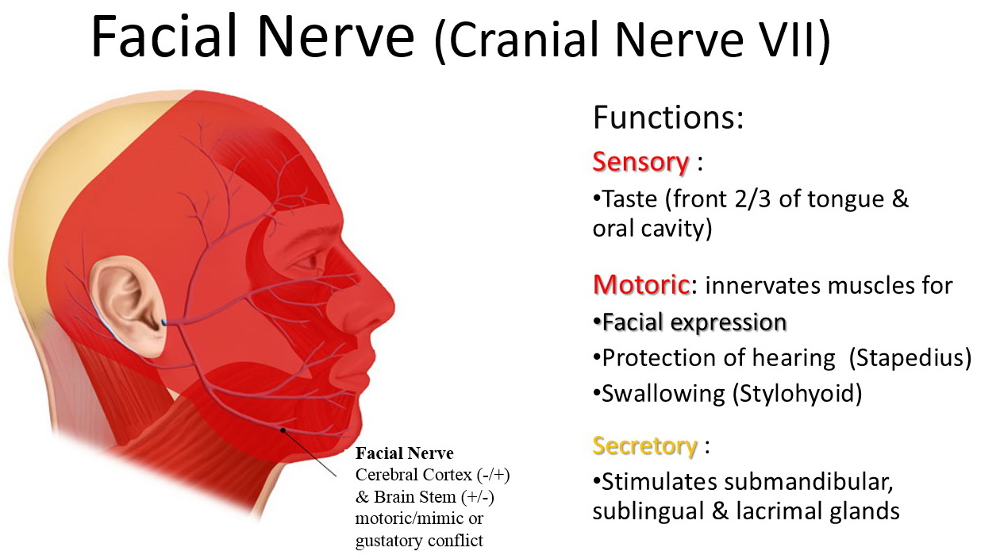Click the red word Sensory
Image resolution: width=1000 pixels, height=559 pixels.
pyautogui.click(x=640, y=162)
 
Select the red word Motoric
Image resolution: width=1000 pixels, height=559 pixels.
pyautogui.click(x=641, y=285)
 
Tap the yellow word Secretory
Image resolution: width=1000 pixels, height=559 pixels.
pyautogui.click(x=644, y=446)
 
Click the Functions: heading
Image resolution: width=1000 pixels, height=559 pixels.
pyautogui.click(x=668, y=117)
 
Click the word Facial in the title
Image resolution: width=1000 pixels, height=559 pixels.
pyautogui.click(x=163, y=36)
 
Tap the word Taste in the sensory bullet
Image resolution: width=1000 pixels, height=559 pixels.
pyautogui.click(x=630, y=199)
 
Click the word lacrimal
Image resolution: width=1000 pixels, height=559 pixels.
pyautogui.click(x=774, y=511)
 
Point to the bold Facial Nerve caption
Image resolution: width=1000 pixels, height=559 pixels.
pyautogui.click(x=405, y=453)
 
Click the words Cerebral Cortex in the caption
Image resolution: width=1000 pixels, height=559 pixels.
pyautogui.click(x=413, y=475)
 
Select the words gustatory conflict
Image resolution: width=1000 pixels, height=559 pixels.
pyautogui.click(x=419, y=541)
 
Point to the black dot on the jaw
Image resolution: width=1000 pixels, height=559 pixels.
pyautogui.click(x=283, y=430)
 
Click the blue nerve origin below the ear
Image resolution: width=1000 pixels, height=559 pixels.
pyautogui.click(x=163, y=322)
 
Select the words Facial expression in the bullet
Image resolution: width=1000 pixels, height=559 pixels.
pyautogui.click(x=694, y=322)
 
